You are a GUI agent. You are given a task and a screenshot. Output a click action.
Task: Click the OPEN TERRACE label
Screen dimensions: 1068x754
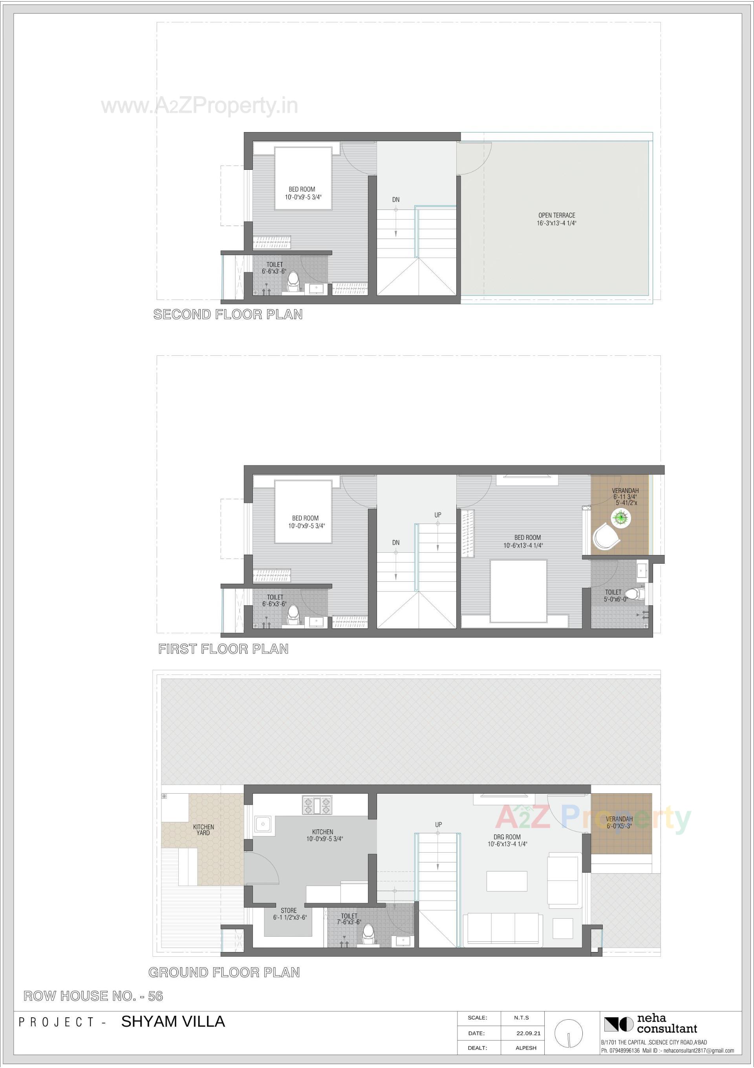556,219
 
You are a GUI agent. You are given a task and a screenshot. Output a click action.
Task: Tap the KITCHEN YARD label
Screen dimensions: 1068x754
203,829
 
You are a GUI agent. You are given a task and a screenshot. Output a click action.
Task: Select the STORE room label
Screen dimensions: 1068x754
289,914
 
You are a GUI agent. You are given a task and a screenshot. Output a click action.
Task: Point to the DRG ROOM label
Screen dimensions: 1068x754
507,840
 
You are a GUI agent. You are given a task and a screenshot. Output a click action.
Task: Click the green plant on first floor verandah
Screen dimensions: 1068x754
620,517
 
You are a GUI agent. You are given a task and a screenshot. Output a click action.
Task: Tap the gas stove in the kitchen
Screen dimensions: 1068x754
317,805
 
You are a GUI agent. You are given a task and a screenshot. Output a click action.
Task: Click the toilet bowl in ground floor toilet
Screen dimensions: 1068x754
369,934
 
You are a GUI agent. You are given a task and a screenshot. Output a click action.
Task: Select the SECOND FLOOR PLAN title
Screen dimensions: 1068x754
228,314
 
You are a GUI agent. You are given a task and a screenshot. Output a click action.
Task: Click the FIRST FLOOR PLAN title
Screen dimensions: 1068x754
223,649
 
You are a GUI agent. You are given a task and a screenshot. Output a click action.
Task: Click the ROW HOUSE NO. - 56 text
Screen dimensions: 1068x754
93,996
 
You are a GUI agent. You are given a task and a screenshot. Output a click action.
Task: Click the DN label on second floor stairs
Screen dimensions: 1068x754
395,200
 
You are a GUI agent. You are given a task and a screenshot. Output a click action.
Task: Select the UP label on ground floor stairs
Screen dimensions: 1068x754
438,825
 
